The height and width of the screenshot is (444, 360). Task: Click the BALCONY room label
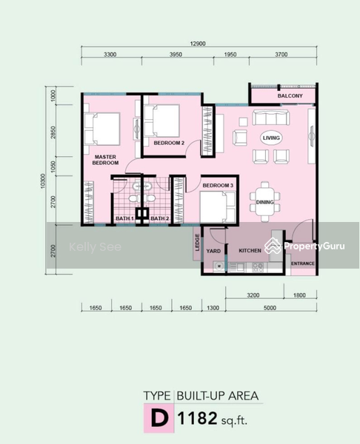(290, 96)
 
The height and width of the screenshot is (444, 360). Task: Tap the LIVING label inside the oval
(271, 138)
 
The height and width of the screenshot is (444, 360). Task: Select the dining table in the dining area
(264, 202)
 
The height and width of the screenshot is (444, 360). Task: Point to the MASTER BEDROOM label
(105, 160)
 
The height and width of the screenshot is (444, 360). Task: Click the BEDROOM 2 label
(169, 143)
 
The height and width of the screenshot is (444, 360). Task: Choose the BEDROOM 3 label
(218, 186)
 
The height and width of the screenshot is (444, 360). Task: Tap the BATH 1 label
(124, 218)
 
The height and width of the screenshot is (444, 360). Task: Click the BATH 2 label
(159, 218)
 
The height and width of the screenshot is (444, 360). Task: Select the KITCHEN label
(250, 251)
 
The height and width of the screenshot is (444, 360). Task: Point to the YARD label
(213, 251)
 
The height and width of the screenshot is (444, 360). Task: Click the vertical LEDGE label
(197, 243)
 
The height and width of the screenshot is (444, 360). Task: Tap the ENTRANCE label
(303, 263)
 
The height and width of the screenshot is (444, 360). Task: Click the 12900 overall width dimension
(198, 44)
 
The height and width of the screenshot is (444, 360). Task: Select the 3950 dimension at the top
(176, 54)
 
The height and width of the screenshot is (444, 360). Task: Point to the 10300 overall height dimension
(43, 181)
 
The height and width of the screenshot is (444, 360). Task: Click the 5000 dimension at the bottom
(270, 308)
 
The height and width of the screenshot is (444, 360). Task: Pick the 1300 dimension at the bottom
(213, 308)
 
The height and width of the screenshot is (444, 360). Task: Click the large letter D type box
(159, 418)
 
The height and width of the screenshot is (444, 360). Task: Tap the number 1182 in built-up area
(197, 418)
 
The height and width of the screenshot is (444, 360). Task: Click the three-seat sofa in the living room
(271, 118)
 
